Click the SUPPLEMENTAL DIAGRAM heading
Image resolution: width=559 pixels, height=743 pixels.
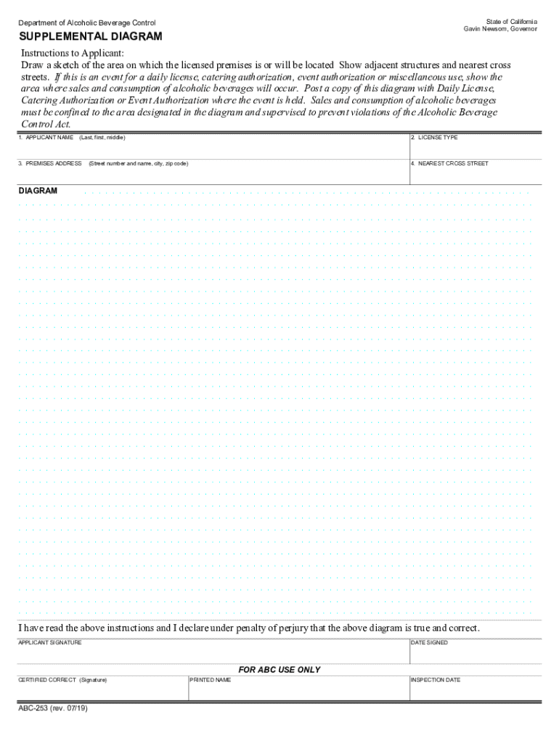[x=91, y=36]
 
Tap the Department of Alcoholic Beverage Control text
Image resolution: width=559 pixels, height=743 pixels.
[x=87, y=22]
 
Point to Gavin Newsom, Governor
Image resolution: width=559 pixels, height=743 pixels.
[x=501, y=29]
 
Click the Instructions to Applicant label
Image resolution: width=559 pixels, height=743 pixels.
[x=73, y=54]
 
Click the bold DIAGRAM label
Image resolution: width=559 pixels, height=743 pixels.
[x=38, y=191]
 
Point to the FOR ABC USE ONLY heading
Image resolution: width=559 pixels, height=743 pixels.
[x=279, y=670]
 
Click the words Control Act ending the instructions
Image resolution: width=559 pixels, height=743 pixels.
[x=45, y=123]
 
